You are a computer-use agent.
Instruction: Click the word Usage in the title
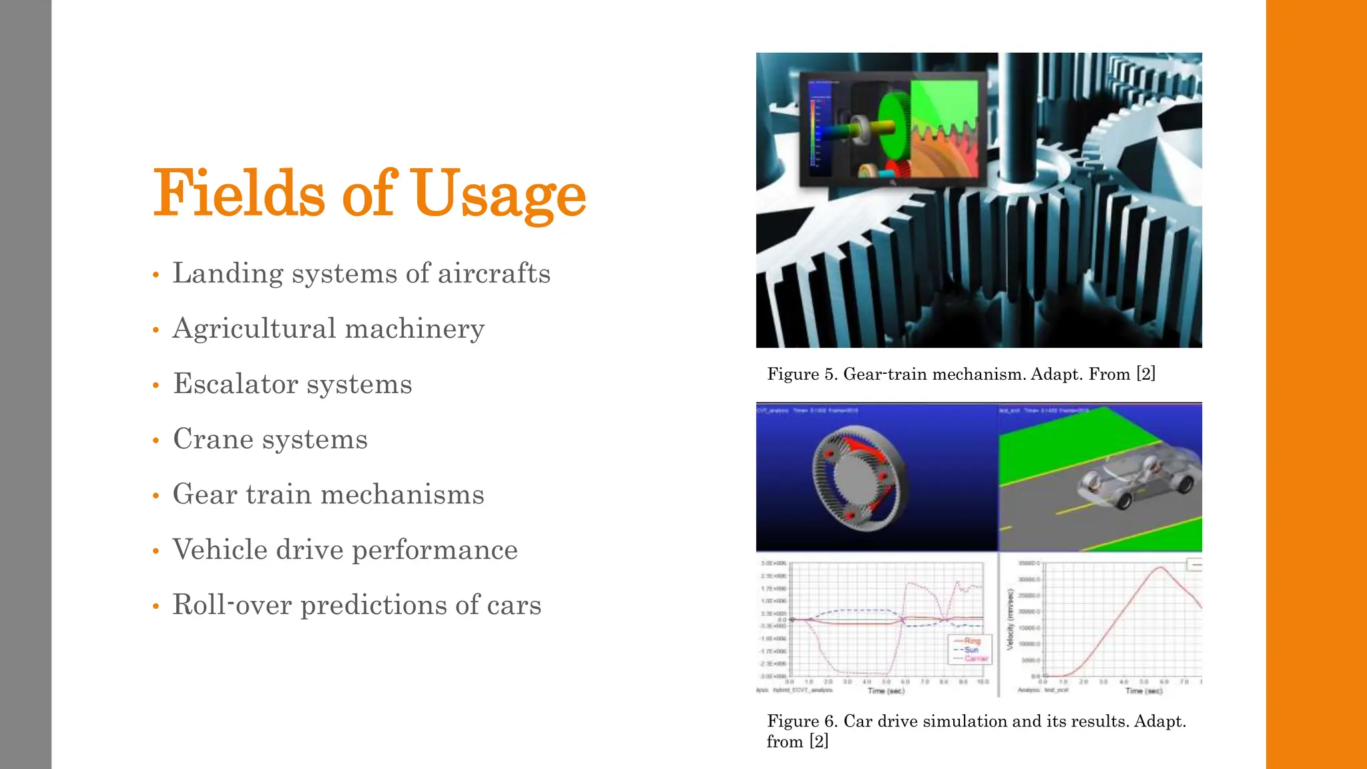point(499,194)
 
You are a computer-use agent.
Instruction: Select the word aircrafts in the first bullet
point(494,273)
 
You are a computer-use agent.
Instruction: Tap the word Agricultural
point(254,329)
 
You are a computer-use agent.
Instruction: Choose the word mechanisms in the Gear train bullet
point(402,495)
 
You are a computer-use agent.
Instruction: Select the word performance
point(435,550)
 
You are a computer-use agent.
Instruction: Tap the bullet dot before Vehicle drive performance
point(156,551)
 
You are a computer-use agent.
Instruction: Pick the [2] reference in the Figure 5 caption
point(1145,374)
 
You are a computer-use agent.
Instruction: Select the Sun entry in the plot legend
point(971,650)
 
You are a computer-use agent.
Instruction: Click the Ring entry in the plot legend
point(972,641)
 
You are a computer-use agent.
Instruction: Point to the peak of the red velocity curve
point(1161,567)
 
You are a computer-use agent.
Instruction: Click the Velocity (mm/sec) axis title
point(1011,619)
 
